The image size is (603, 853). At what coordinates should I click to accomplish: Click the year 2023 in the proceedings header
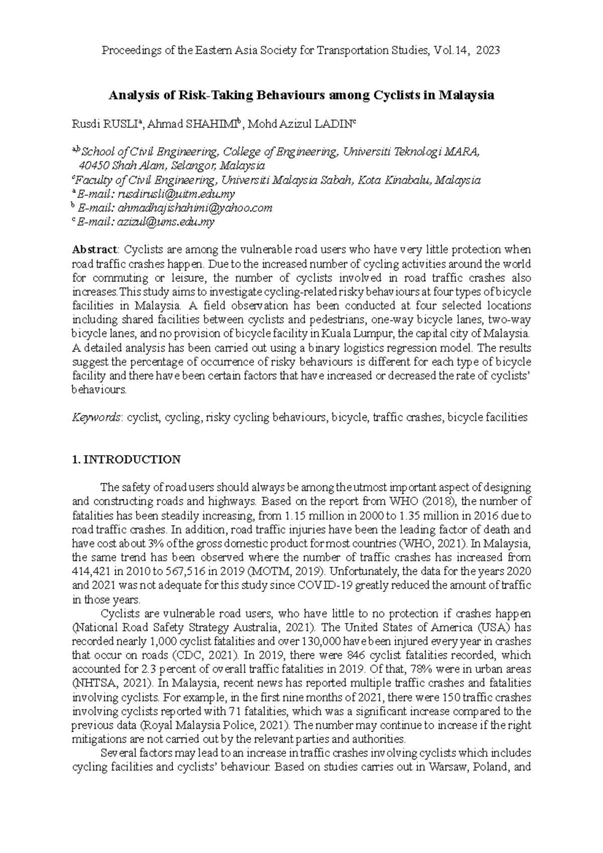click(487, 50)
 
